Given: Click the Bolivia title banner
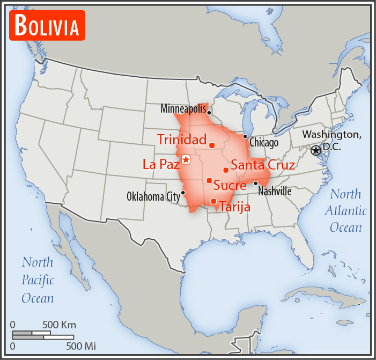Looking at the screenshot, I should pyautogui.click(x=47, y=25).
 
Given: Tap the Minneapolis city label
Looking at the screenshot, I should pyautogui.click(x=183, y=109).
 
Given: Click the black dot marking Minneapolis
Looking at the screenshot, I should pyautogui.click(x=209, y=113).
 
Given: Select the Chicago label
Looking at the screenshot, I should pyautogui.click(x=264, y=143).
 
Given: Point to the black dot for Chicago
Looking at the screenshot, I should pyautogui.click(x=245, y=137).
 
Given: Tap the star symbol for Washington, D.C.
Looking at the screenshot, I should pyautogui.click(x=315, y=151).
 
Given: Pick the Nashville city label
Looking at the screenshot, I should pyautogui.click(x=275, y=191).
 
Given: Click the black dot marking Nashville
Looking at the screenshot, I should pyautogui.click(x=256, y=183).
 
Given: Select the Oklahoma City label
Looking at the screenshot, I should pyautogui.click(x=153, y=196).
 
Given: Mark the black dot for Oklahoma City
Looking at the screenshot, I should pyautogui.click(x=183, y=193).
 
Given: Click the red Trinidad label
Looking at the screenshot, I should pyautogui.click(x=182, y=140).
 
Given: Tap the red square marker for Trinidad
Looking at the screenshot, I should pyautogui.click(x=212, y=145).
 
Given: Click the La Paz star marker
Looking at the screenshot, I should pyautogui.click(x=186, y=159).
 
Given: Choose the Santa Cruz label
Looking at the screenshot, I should pyautogui.click(x=262, y=165).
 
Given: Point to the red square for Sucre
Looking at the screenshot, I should pyautogui.click(x=209, y=180).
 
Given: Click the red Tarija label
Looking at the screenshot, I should pyautogui.click(x=235, y=207).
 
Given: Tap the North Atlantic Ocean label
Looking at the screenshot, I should pyautogui.click(x=345, y=211).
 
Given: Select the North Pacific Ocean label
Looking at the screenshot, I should pyautogui.click(x=38, y=280).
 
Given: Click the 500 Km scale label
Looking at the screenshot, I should pyautogui.click(x=59, y=325).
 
